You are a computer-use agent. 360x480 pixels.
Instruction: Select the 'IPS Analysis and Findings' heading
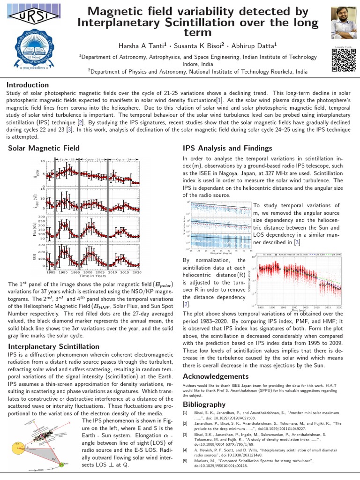point(227,148)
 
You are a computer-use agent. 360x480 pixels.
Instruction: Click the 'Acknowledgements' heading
point(216,376)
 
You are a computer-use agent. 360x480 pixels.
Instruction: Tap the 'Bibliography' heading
point(203,404)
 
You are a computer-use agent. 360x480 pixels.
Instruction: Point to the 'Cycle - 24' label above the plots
point(123,160)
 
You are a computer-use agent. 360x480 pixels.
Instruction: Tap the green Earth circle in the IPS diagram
point(66,462)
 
